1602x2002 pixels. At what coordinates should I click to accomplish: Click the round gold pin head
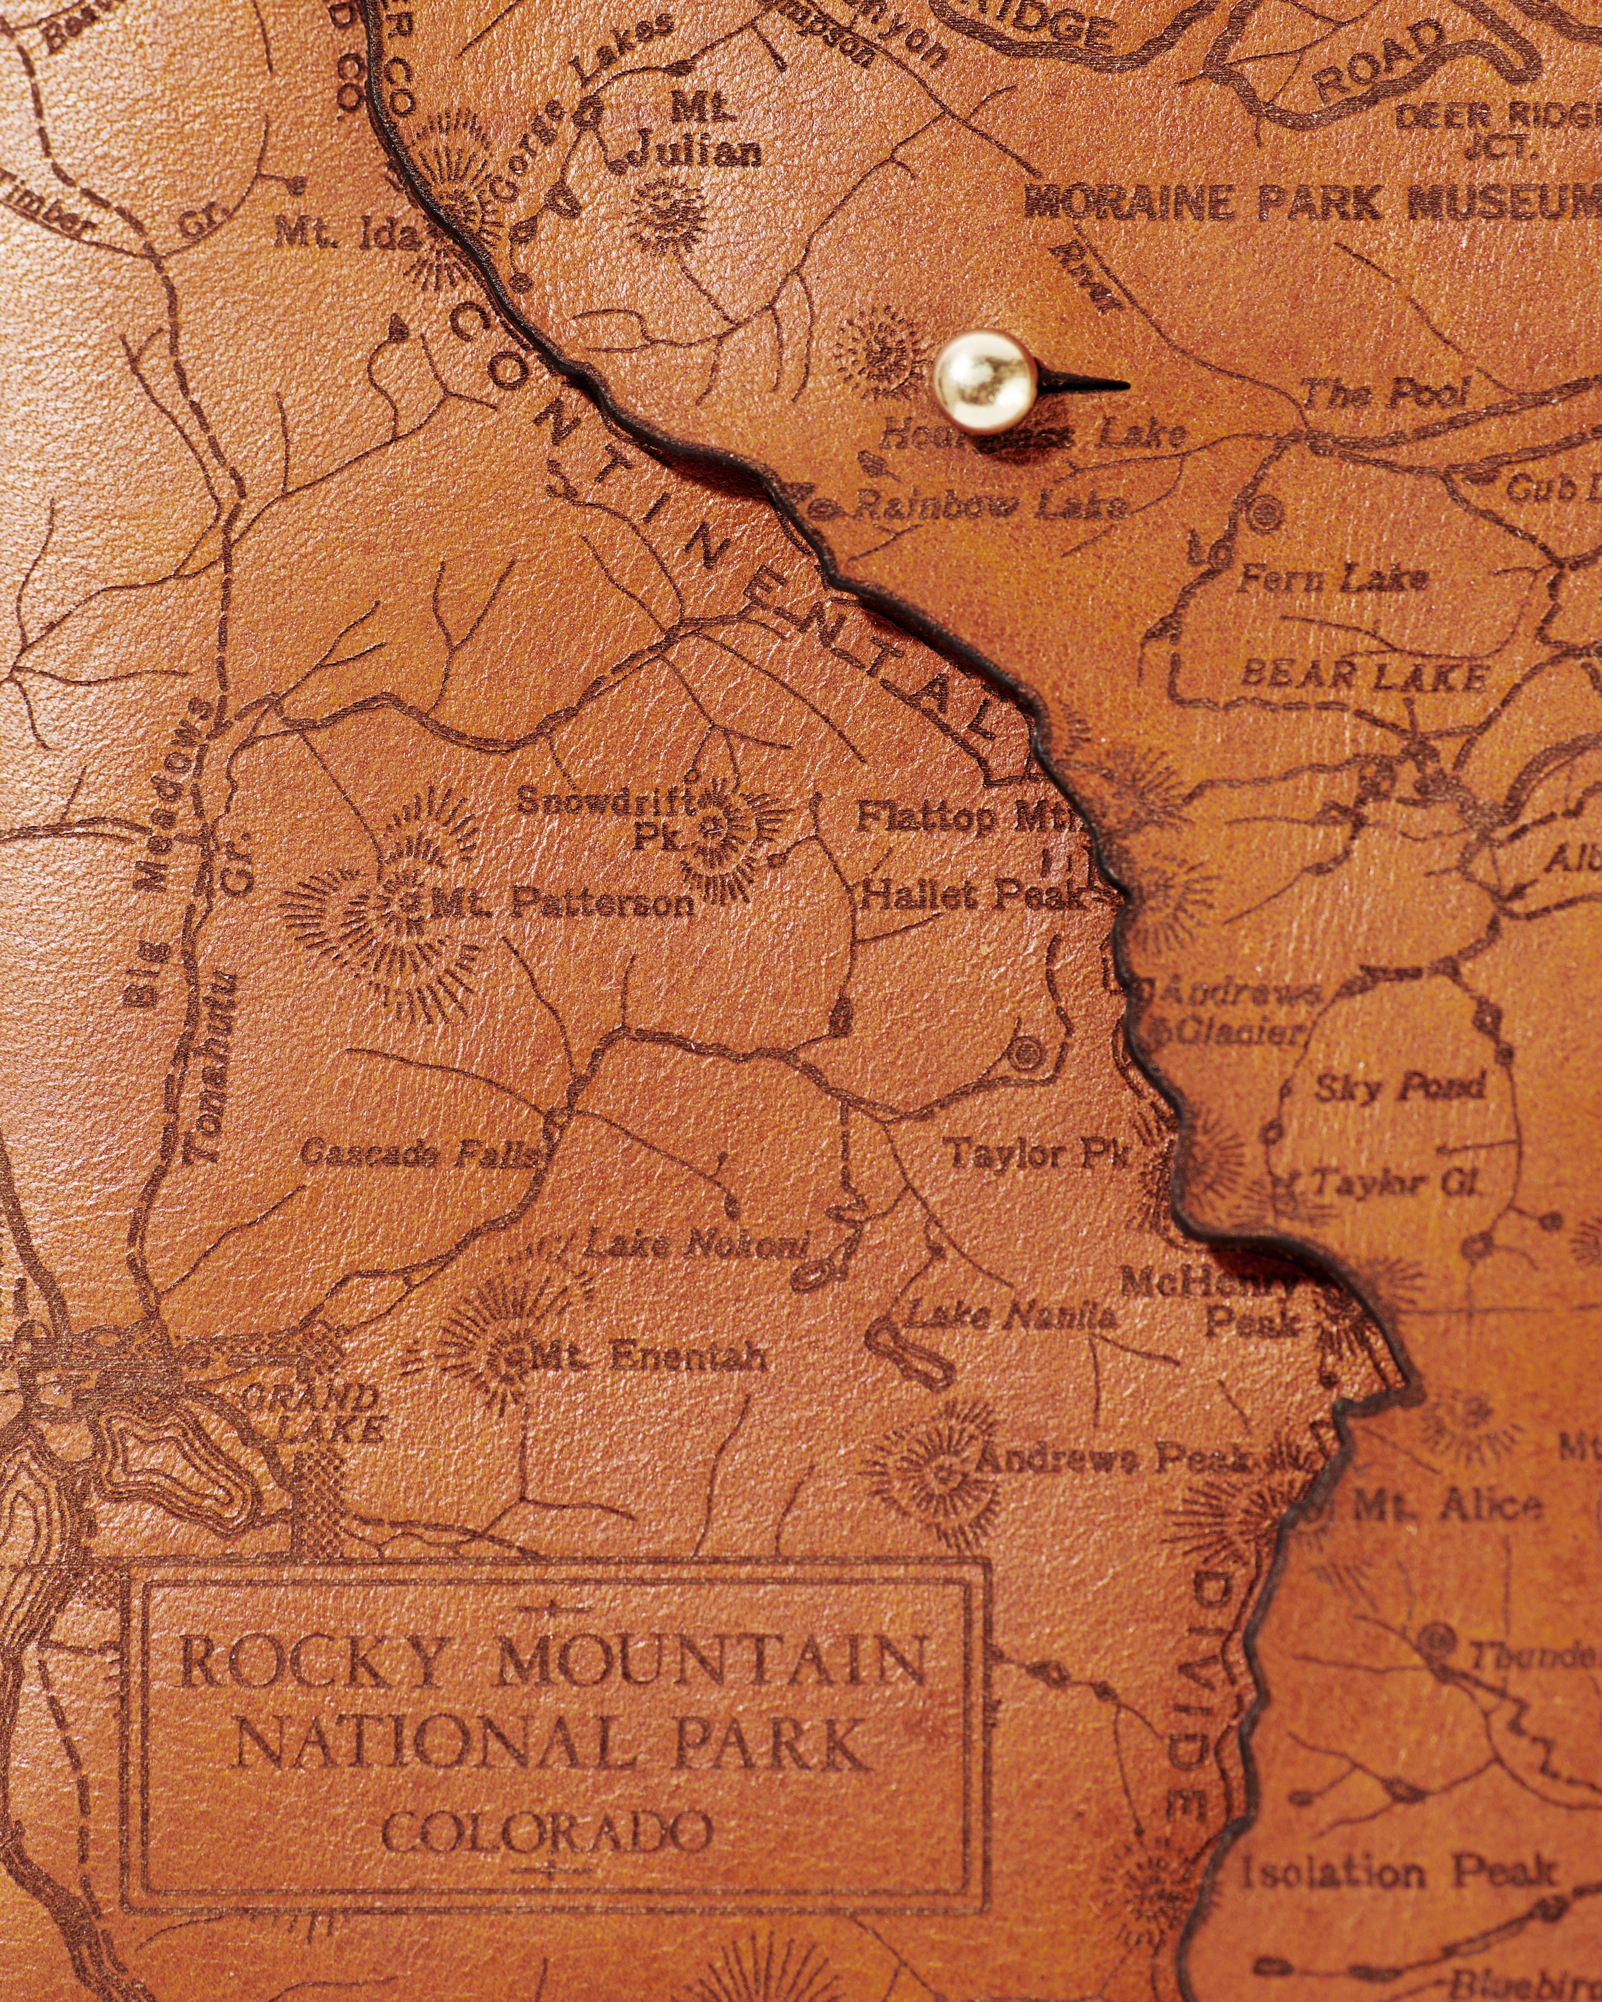click(985, 381)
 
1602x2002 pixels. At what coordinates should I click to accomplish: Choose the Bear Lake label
click(1363, 676)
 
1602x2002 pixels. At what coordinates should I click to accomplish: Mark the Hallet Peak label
click(971, 896)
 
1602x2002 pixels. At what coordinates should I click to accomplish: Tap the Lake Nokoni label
click(696, 1244)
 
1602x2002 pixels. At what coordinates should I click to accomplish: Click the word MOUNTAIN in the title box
click(710, 1661)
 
